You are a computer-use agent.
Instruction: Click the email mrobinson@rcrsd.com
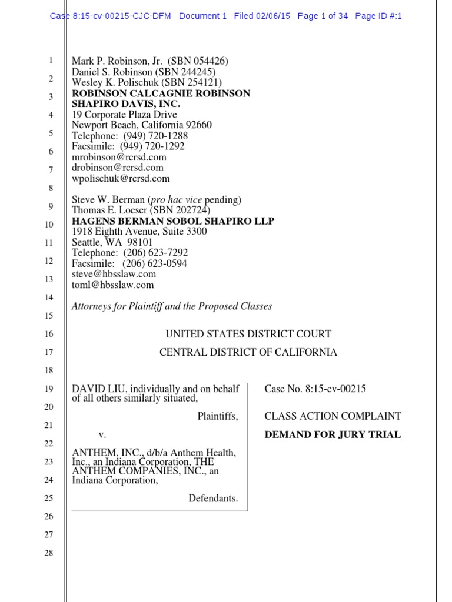[x=119, y=157]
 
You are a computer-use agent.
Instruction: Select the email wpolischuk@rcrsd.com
[x=121, y=178]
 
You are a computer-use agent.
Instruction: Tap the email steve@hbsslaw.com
[x=114, y=274]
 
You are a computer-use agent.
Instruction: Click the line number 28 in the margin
[x=49, y=553]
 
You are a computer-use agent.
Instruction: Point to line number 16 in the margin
[x=49, y=334]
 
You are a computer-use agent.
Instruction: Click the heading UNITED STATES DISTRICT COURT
[x=248, y=334]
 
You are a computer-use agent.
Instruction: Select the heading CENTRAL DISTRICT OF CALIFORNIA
[x=248, y=352]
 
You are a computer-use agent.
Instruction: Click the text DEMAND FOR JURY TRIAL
[x=333, y=435]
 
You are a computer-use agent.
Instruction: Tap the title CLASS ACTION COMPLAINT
[x=333, y=416]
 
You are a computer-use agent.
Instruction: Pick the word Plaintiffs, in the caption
[x=217, y=416]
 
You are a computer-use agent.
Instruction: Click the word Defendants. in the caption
[x=213, y=499]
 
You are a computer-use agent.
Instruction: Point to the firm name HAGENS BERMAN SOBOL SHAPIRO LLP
[x=173, y=221]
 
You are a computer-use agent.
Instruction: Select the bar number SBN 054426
[x=198, y=61]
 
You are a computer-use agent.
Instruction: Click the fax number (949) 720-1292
[x=152, y=146]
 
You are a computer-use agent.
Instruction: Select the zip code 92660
[x=198, y=125]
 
